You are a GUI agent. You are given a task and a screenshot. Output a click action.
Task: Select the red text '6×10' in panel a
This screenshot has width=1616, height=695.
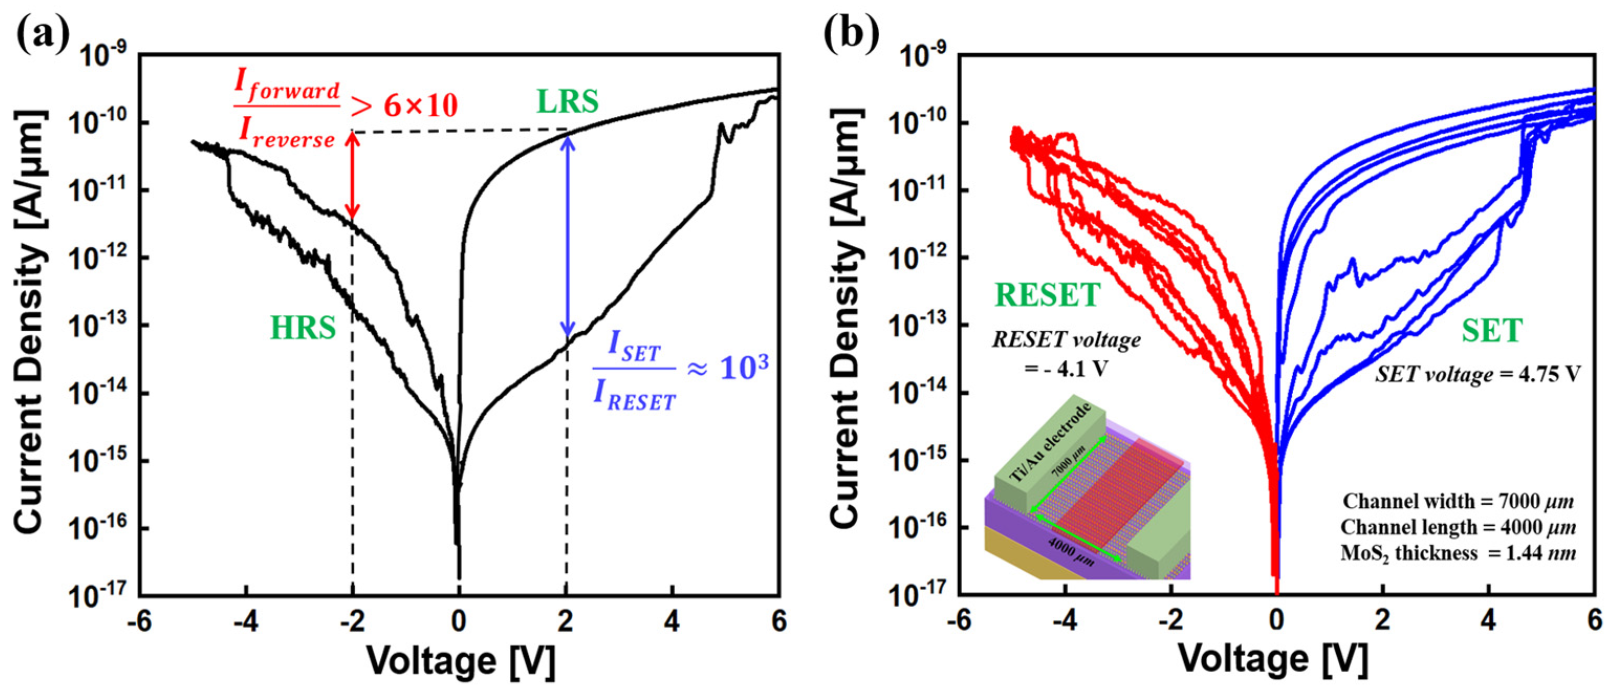(x=421, y=105)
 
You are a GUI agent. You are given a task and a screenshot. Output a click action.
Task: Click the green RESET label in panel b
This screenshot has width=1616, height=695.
(x=1047, y=295)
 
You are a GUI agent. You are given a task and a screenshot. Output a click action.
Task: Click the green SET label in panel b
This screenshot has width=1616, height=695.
(x=1492, y=331)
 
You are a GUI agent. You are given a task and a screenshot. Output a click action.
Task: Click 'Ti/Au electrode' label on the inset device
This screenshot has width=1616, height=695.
(x=1053, y=443)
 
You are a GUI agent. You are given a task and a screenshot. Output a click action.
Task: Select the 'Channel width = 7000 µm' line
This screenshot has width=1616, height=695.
(x=1459, y=501)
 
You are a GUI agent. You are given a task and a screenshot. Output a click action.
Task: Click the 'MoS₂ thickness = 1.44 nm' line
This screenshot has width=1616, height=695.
(x=1459, y=553)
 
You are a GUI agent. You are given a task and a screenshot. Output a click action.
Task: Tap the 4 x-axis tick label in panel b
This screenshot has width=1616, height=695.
(x=1488, y=622)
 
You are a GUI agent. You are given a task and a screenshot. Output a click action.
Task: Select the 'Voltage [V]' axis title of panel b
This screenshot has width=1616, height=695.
(x=1273, y=659)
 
